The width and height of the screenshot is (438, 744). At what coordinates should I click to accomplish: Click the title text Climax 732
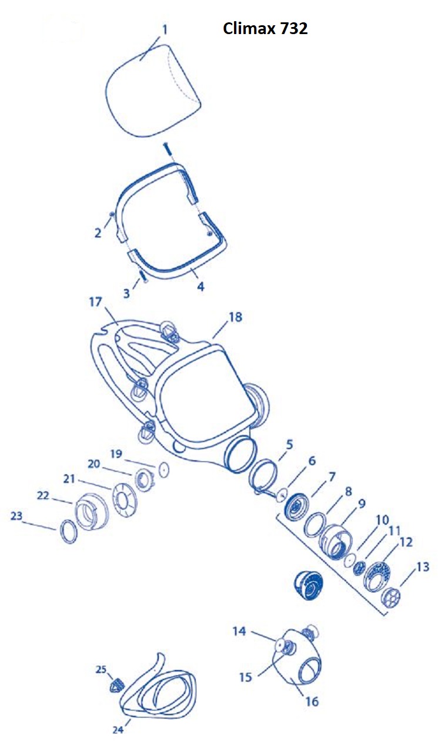point(265,29)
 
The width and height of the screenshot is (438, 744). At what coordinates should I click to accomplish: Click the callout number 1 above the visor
point(164,30)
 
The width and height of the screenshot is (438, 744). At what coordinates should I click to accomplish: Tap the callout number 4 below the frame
point(200,286)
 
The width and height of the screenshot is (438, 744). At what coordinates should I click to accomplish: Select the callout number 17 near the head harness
point(95,301)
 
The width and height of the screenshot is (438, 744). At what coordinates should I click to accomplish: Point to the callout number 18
point(236,317)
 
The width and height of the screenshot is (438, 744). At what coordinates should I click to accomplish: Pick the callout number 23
point(16,516)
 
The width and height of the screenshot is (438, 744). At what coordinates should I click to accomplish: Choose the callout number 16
point(312,702)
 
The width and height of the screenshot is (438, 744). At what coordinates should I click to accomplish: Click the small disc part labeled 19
point(163,470)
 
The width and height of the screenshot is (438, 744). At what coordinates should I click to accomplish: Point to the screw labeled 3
point(143,276)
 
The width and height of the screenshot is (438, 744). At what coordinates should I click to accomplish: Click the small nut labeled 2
point(112,215)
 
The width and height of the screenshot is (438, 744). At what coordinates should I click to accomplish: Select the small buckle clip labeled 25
point(116,685)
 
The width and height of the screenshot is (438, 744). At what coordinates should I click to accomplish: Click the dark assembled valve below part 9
point(308,587)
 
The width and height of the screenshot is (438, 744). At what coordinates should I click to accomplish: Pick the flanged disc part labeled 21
point(124,500)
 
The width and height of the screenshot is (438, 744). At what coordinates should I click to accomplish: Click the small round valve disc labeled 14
point(280,645)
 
